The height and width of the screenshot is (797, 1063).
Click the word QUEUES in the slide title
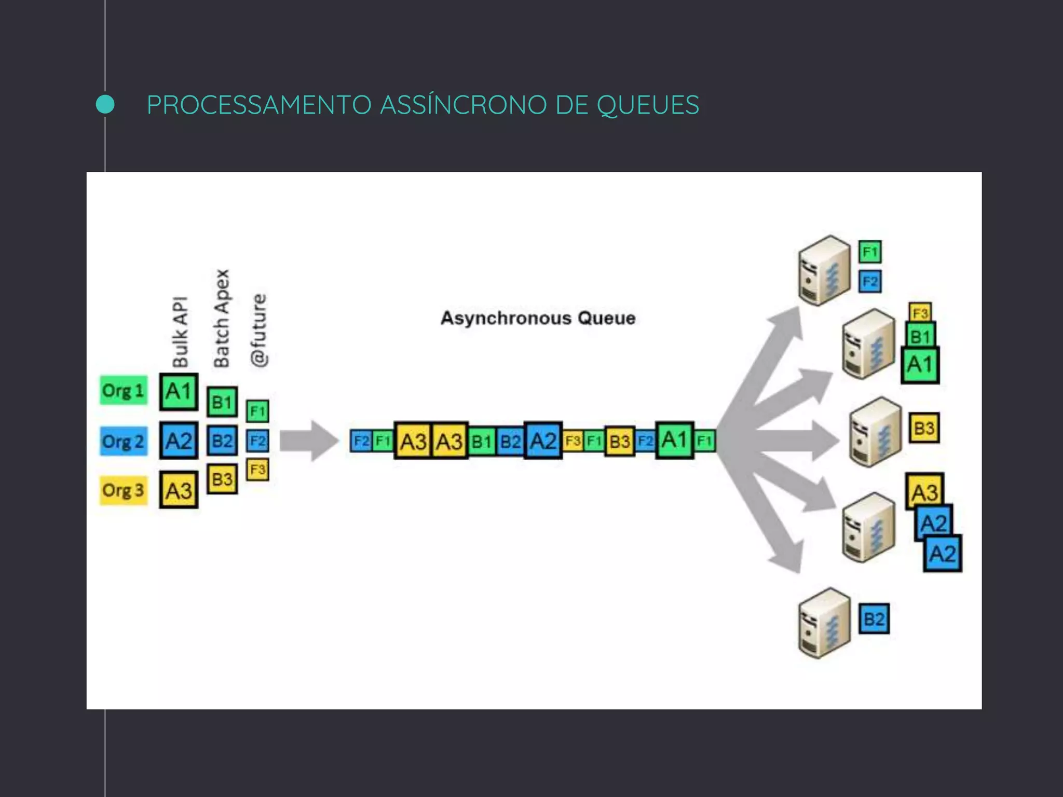point(647,105)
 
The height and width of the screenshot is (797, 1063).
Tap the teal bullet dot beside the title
point(105,105)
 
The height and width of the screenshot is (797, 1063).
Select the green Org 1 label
point(124,390)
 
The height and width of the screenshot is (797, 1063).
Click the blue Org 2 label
point(124,441)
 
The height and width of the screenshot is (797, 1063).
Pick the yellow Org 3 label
point(124,490)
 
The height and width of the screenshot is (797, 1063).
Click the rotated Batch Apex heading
point(222,318)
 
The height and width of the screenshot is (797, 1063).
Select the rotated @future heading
point(258,331)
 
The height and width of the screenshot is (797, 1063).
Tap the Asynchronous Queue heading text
point(538,318)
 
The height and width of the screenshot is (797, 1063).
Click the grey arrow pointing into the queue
point(309,441)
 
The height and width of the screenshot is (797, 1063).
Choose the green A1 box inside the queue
point(674,440)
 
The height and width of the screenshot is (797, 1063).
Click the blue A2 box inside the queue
point(543,441)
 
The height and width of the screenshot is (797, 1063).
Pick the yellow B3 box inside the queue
point(620,442)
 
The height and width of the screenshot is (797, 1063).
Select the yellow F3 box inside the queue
point(573,441)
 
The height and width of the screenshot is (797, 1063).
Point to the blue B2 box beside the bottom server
point(874,619)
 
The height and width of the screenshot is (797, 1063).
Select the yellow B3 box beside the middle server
point(924,428)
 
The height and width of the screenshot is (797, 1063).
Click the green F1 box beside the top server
point(870,252)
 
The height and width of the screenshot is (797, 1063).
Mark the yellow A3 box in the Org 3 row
point(179,490)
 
